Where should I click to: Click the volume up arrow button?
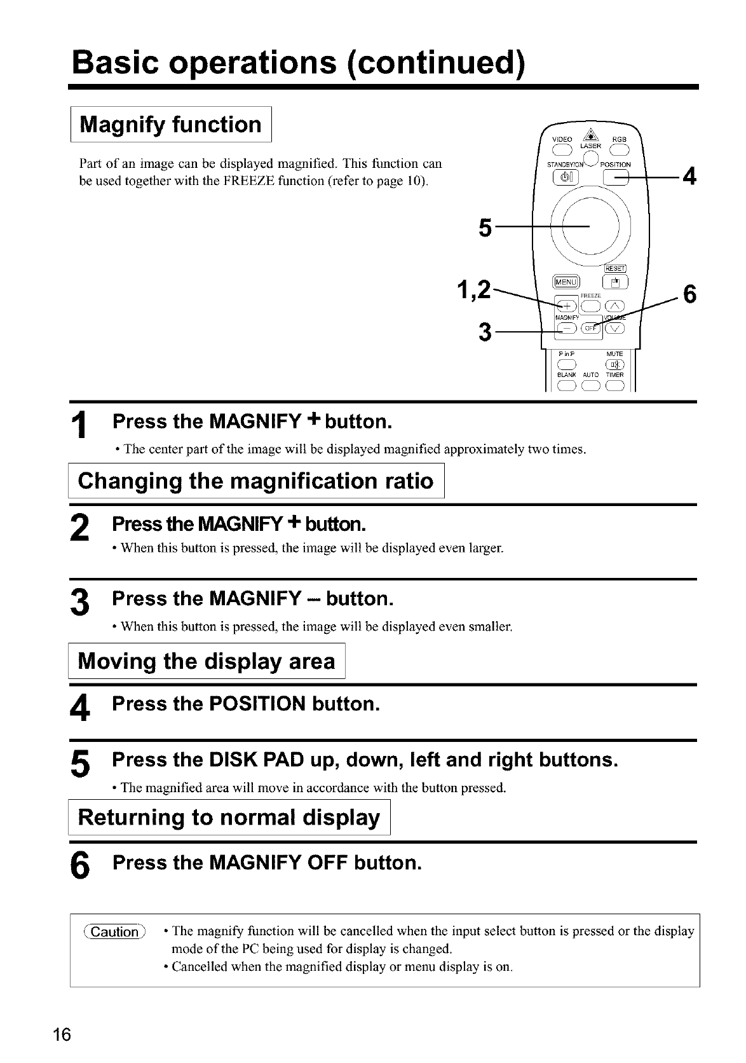(x=616, y=304)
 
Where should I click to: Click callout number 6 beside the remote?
(x=689, y=295)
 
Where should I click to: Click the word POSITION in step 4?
(x=258, y=704)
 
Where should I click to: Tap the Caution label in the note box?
(x=115, y=932)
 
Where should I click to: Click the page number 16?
(x=62, y=1034)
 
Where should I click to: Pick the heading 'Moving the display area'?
(x=207, y=661)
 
